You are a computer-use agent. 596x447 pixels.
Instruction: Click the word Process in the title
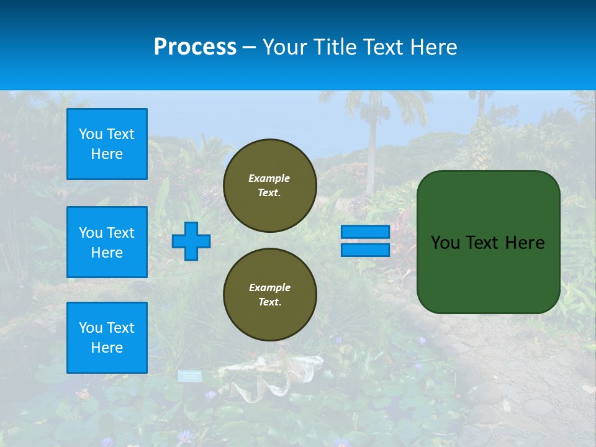(x=195, y=47)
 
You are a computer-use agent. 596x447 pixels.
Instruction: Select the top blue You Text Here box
(x=107, y=144)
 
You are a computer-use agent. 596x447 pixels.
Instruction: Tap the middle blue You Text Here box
(x=107, y=242)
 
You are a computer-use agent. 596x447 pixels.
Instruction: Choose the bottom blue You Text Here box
(x=107, y=338)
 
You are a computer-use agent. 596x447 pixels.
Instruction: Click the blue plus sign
(x=191, y=241)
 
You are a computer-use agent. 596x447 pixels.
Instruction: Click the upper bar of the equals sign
(x=365, y=232)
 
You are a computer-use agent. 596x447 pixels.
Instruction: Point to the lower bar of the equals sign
(x=365, y=250)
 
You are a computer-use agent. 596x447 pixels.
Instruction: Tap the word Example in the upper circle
(x=269, y=178)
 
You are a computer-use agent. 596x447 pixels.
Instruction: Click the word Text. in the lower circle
(x=269, y=302)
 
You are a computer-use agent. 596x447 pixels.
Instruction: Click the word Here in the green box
(x=525, y=243)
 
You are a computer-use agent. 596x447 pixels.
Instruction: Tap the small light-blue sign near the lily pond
(x=190, y=376)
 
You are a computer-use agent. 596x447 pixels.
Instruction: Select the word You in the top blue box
(x=91, y=134)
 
